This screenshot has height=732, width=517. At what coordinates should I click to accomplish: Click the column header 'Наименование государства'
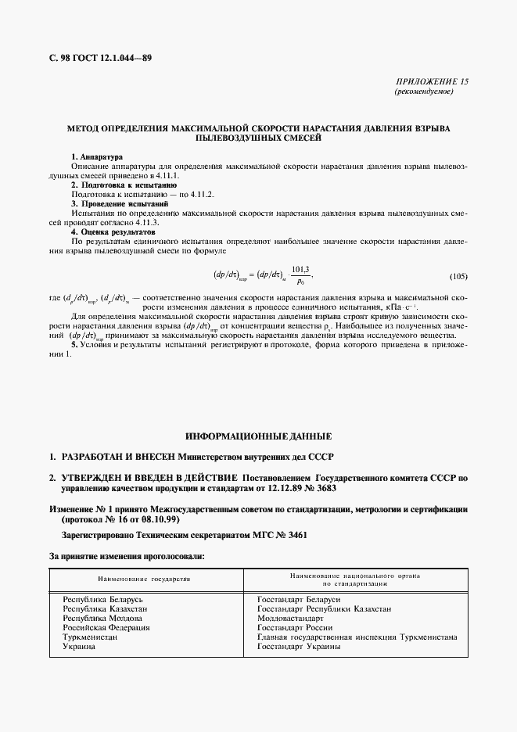[x=144, y=579]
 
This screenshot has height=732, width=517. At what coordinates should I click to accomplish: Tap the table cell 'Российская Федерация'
[x=106, y=627]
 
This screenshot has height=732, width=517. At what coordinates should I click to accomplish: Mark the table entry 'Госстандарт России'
[x=295, y=627]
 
